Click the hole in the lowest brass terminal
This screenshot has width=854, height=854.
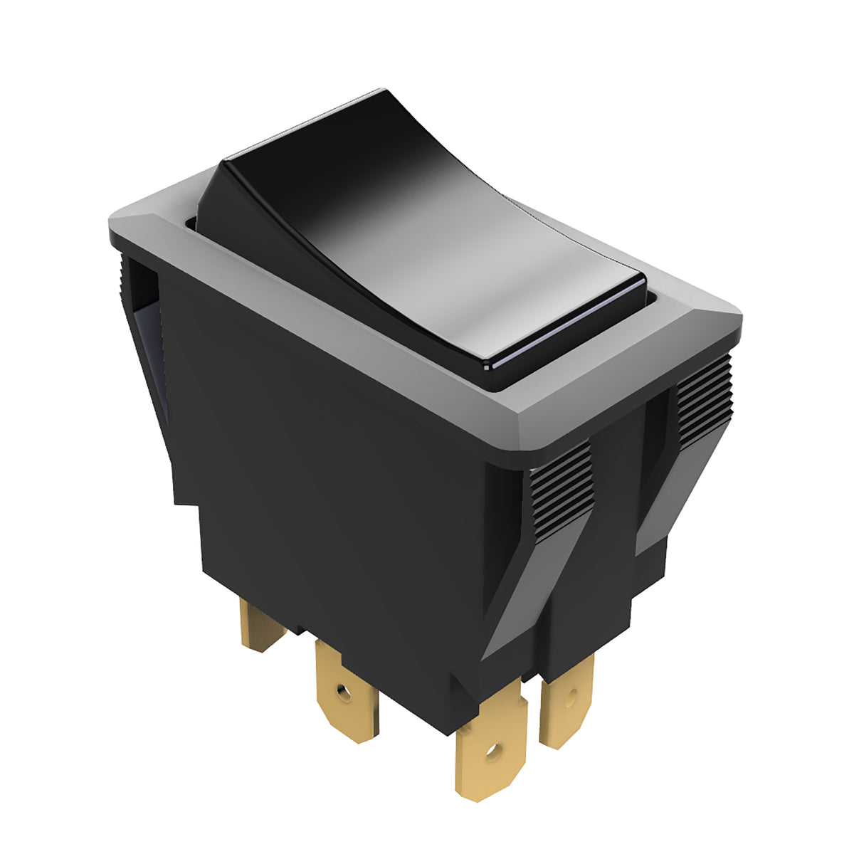490,750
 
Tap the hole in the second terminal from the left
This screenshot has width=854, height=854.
344,690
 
